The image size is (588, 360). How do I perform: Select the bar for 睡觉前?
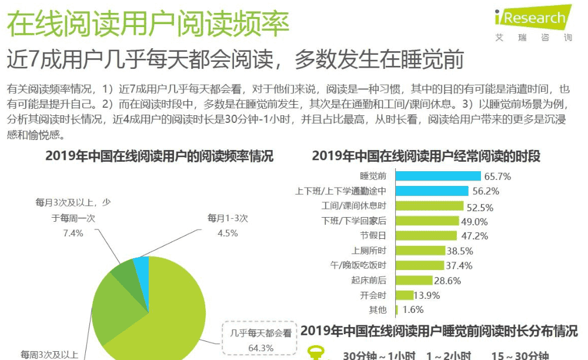[x=438, y=176]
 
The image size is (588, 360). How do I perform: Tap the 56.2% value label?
[x=486, y=191]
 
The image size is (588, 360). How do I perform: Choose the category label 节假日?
[x=373, y=236]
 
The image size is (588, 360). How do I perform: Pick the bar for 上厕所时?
[x=420, y=251]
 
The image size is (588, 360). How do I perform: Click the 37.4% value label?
[x=459, y=265]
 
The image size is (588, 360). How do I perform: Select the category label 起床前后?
[x=369, y=280]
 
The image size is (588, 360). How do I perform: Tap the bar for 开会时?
[x=405, y=295]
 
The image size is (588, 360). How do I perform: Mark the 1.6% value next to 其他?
[x=411, y=309]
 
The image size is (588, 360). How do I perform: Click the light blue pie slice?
[x=142, y=266]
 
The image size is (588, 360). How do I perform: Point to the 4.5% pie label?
[x=228, y=233]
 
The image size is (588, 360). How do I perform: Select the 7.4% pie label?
[x=73, y=233]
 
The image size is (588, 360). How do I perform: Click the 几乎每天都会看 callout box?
[x=260, y=340]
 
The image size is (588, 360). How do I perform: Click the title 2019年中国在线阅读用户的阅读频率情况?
[x=159, y=156]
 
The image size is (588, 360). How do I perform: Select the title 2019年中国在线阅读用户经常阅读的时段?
[x=426, y=156]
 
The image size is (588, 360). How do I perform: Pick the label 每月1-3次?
[x=228, y=218]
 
